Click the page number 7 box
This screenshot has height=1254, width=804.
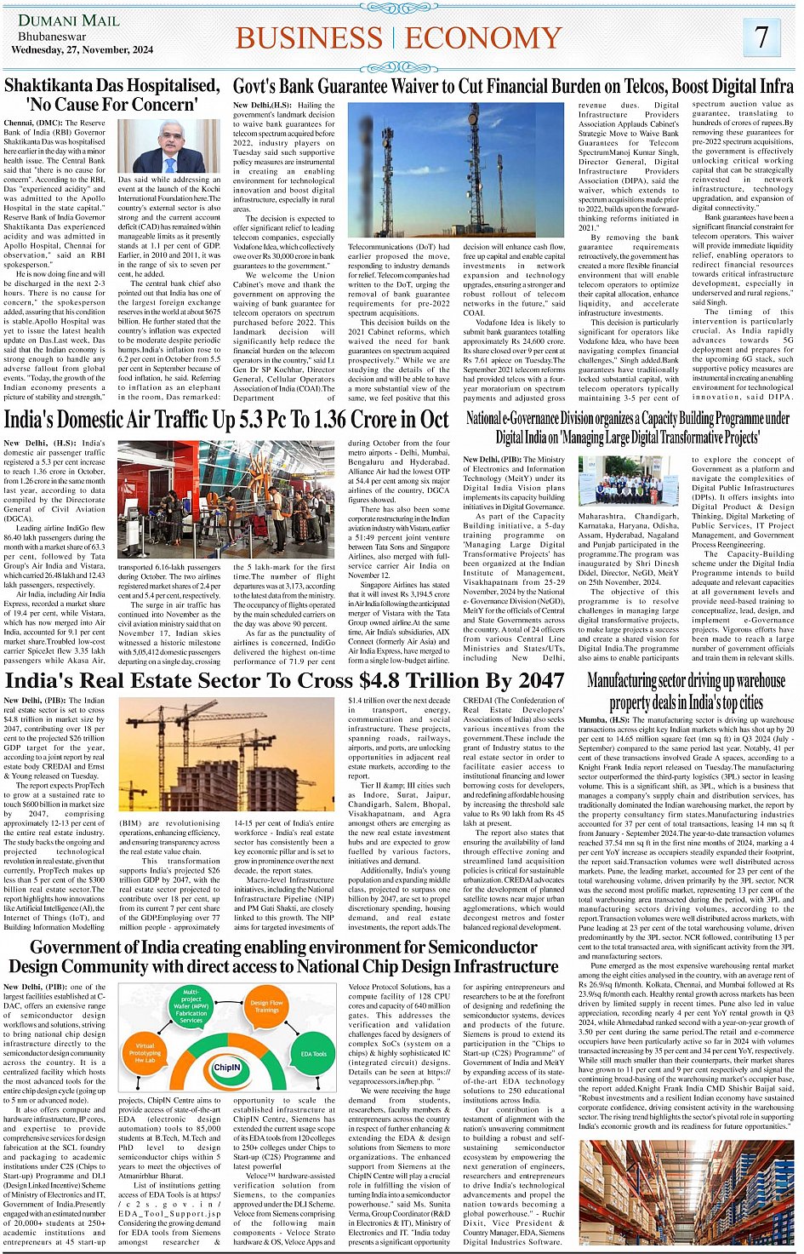pos(762,37)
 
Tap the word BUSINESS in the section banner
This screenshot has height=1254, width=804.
pos(309,38)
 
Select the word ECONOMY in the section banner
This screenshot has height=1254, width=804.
pos(483,38)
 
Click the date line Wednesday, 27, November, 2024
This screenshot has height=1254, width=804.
pos(82,50)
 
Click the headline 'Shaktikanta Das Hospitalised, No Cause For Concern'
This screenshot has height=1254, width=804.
pos(112,95)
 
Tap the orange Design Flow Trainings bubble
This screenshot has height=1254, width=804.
pos(266,1006)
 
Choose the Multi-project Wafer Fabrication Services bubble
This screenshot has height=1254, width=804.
pos(191,1006)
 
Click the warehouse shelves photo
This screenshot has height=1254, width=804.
pos(686,1194)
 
